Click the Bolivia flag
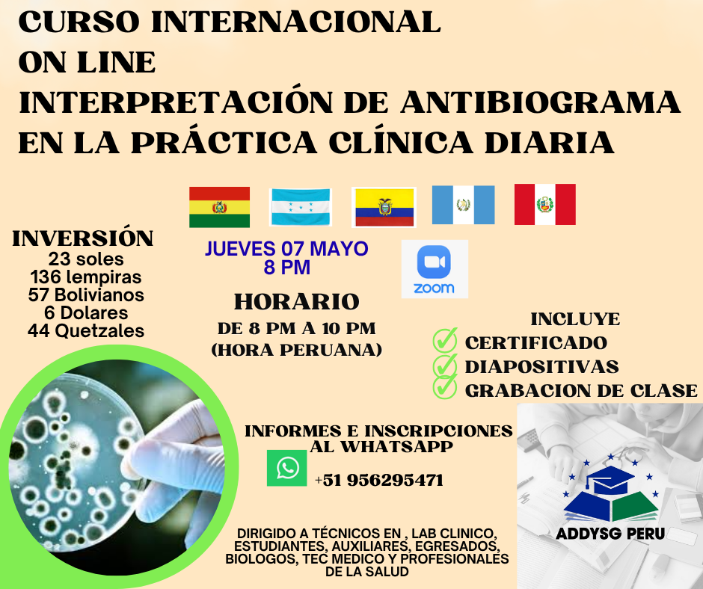click(219, 206)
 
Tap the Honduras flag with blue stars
click(300, 207)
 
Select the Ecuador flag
click(384, 207)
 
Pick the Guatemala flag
click(463, 205)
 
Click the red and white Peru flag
click(544, 204)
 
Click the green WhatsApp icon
click(286, 468)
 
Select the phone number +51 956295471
click(378, 480)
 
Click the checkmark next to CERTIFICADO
click(445, 341)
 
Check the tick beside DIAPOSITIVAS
click(445, 365)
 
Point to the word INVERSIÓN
click(83, 238)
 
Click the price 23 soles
click(86, 259)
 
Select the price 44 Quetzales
click(86, 330)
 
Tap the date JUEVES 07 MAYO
click(286, 248)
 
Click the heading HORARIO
click(297, 302)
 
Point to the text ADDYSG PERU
click(610, 534)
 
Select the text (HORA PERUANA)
click(297, 349)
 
